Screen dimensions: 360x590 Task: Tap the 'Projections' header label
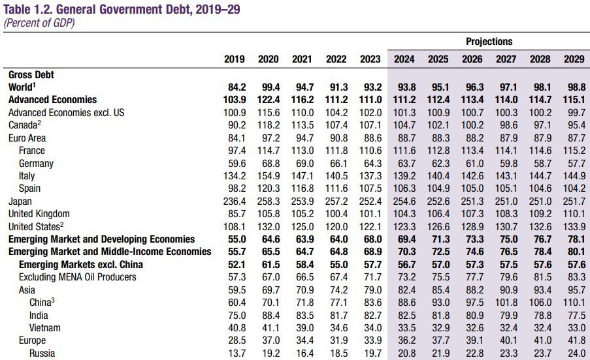point(489,42)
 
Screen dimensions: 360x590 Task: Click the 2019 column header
point(234,59)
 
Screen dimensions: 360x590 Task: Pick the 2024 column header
point(404,59)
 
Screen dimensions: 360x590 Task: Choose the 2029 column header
point(574,59)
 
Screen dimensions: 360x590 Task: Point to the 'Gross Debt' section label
point(31,74)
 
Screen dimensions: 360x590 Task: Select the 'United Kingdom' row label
point(39,214)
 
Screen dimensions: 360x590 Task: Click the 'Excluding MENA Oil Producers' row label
point(77,277)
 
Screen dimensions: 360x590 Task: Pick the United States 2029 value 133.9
point(572,227)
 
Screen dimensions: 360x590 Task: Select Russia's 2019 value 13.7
point(234,353)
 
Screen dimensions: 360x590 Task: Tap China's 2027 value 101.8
point(504,303)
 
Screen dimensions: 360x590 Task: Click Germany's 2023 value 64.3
point(370,163)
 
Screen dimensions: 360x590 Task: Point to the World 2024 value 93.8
point(404,87)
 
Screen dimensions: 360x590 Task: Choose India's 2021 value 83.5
point(301,316)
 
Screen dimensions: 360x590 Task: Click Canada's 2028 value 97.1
point(540,125)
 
